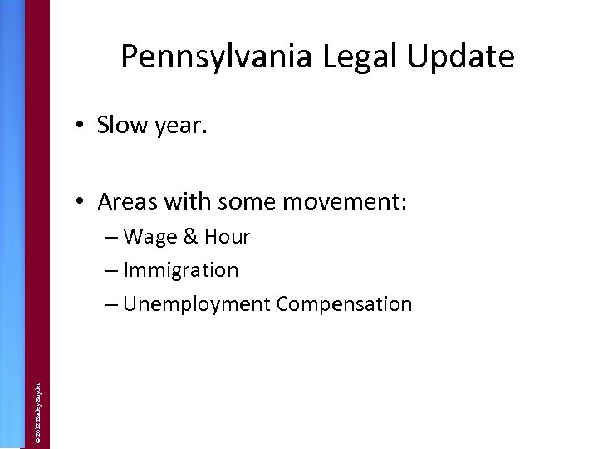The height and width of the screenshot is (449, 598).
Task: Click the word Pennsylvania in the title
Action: coord(213,57)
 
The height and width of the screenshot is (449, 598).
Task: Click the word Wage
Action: coord(149,238)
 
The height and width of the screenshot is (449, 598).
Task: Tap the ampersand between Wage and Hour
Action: coord(189,237)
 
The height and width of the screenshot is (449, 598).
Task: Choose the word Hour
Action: coord(226,237)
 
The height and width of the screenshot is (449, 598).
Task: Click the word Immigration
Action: coord(181,271)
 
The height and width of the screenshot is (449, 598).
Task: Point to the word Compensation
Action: coord(345,305)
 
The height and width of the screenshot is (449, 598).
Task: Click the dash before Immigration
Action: coord(112,271)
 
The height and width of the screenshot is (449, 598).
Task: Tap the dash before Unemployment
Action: coord(112,304)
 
